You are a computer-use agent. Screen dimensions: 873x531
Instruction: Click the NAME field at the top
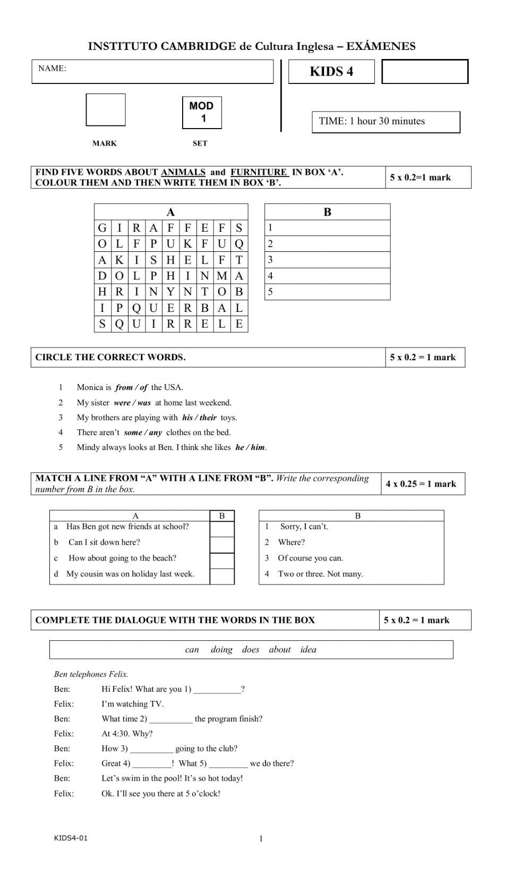click(152, 72)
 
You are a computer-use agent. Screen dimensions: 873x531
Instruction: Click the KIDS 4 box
click(331, 72)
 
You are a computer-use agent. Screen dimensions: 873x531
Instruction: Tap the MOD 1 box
click(202, 112)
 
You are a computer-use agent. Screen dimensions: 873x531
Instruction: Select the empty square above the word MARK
click(106, 110)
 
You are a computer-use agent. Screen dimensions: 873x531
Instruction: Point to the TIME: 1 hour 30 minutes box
click(386, 122)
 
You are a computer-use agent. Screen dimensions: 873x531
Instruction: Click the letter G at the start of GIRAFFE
click(102, 228)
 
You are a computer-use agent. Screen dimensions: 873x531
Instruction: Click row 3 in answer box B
click(327, 260)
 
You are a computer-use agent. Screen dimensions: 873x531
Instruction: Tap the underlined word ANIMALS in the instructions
click(183, 172)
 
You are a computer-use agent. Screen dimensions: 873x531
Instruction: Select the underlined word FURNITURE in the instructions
click(259, 172)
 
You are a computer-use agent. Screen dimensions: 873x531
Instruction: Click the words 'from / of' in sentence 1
click(131, 387)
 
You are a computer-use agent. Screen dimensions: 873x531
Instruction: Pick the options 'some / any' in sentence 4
click(143, 433)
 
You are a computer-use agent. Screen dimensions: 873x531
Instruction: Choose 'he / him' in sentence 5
click(250, 447)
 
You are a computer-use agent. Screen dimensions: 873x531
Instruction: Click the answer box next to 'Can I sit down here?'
click(222, 545)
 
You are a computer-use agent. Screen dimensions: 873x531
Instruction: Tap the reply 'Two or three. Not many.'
click(320, 574)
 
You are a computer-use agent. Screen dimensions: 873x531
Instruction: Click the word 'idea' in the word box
click(308, 649)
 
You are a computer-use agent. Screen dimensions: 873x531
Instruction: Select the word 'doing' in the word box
click(221, 649)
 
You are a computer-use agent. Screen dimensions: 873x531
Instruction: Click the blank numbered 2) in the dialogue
click(171, 719)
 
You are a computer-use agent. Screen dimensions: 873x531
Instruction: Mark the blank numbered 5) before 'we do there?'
click(228, 764)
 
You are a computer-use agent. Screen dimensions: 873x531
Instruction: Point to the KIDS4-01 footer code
click(71, 838)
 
